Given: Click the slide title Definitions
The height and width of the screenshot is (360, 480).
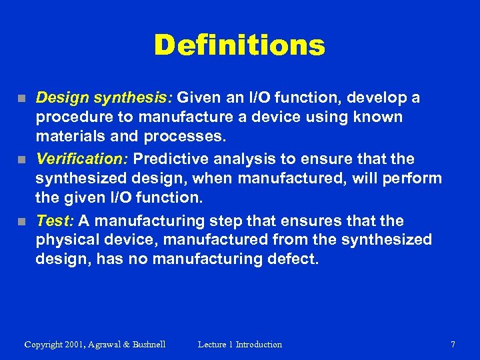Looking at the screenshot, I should pyautogui.click(x=239, y=45).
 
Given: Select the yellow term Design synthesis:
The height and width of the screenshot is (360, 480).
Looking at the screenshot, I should pyautogui.click(x=104, y=98).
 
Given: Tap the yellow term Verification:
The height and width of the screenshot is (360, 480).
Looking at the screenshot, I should pyautogui.click(x=83, y=159).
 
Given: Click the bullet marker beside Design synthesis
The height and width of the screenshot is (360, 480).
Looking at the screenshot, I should pyautogui.click(x=22, y=99).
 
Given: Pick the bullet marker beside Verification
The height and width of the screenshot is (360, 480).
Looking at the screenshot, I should pyautogui.click(x=22, y=160).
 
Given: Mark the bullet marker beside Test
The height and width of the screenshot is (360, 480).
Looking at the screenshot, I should pyautogui.click(x=22, y=221).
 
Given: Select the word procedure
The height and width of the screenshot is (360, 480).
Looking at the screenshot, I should pyautogui.click(x=70, y=117).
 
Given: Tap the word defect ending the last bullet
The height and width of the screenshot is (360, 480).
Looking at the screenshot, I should pyautogui.click(x=294, y=258).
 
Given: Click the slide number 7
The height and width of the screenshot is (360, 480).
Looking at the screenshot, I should pyautogui.click(x=453, y=345).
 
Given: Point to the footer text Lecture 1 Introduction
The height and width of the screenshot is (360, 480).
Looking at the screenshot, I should pyautogui.click(x=239, y=345).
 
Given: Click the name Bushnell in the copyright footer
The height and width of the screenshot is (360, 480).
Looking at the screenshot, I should pyautogui.click(x=144, y=345).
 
